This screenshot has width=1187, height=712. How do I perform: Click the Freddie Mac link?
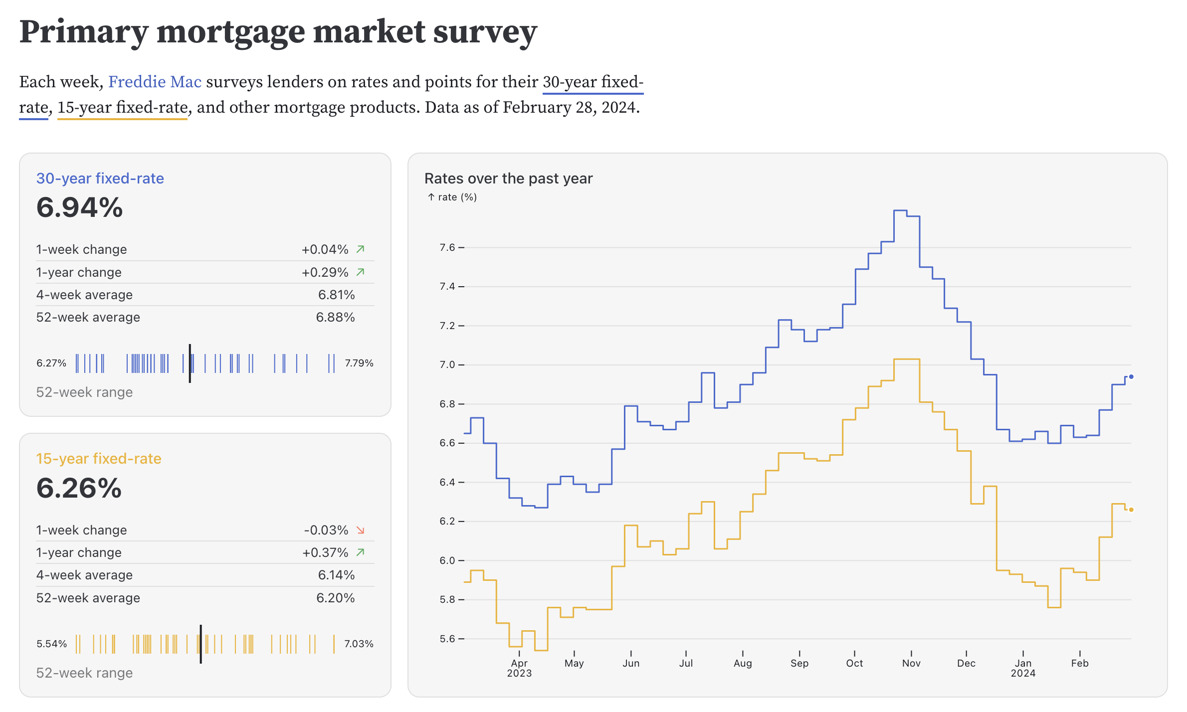[x=155, y=82]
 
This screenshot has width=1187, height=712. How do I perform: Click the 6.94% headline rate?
[x=79, y=207]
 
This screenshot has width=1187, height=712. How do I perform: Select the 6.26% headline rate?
[x=79, y=488]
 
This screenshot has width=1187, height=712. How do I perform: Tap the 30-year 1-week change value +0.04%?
[x=325, y=249]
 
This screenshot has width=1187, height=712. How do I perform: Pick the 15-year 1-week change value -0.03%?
[x=326, y=530]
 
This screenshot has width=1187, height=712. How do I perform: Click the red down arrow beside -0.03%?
[x=361, y=530]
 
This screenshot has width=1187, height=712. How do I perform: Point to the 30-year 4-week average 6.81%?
[x=336, y=295]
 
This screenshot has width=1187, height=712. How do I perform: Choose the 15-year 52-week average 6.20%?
[x=335, y=598]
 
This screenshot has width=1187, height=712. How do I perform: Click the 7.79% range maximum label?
[x=359, y=363]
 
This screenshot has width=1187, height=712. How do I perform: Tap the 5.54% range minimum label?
[x=51, y=644]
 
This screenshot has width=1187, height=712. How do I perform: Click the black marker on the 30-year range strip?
[x=190, y=363]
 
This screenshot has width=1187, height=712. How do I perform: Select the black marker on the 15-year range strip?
[x=200, y=644]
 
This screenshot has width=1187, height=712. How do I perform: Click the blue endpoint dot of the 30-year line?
[x=1131, y=377]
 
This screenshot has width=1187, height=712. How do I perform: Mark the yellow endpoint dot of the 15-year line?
[x=1131, y=510]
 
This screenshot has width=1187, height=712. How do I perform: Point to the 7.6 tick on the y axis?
[x=447, y=247]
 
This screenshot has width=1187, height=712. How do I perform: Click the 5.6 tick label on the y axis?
[x=447, y=639]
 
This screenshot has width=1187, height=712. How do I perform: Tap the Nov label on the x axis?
[x=911, y=663]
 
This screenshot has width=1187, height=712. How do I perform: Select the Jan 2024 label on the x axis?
[x=1023, y=668]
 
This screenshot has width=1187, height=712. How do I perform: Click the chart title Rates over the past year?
[x=508, y=178]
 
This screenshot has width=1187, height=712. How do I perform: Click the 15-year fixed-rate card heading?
[x=99, y=459]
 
